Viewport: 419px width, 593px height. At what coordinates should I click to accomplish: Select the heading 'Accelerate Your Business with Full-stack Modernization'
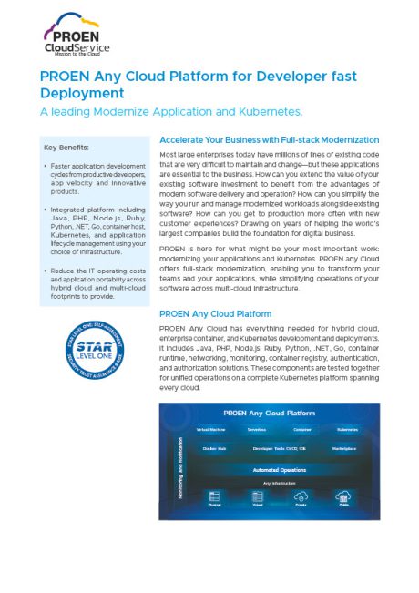click(269, 140)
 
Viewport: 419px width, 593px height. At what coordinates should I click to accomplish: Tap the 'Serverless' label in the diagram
click(257, 428)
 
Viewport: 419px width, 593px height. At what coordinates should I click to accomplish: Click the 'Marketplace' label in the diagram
click(344, 449)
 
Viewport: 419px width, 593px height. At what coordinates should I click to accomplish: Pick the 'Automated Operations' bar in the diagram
click(280, 470)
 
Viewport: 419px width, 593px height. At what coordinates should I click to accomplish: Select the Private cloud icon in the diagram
click(301, 496)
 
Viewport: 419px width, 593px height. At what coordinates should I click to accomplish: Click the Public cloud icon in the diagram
click(344, 496)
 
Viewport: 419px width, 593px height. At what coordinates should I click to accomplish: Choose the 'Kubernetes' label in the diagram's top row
click(347, 428)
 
